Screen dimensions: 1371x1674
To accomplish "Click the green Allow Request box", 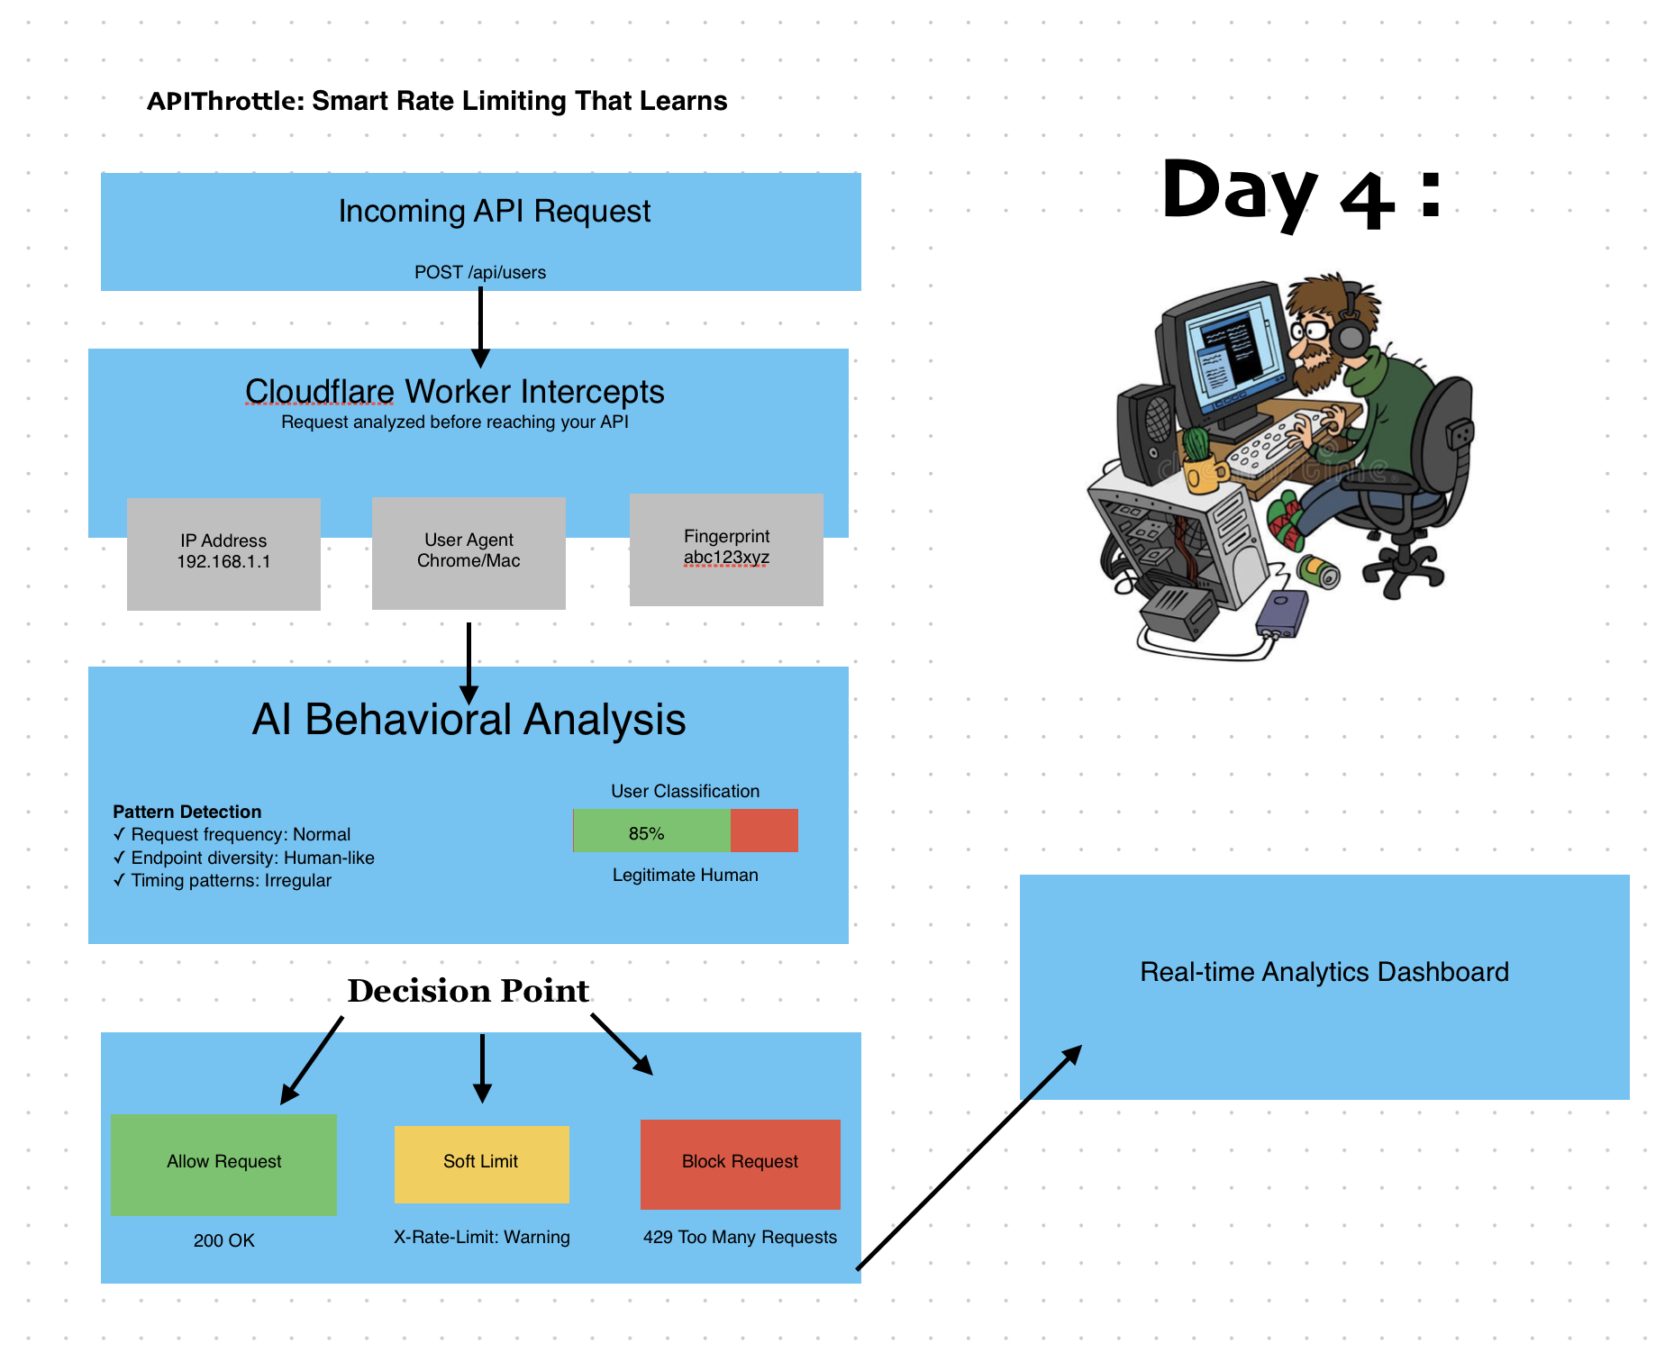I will pos(223,1164).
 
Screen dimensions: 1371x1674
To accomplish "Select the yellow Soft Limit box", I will pos(481,1163).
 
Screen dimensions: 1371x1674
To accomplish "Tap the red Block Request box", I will pos(740,1164).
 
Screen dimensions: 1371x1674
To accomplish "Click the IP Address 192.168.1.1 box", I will pos(223,553).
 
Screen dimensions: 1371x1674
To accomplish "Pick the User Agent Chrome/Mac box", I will pos(469,552).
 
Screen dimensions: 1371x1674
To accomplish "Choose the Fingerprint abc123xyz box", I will pos(726,549).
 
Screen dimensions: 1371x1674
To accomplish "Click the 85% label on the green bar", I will pos(646,833).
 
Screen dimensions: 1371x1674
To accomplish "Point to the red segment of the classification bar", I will pos(764,831).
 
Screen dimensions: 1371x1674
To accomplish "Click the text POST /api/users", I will pos(479,272).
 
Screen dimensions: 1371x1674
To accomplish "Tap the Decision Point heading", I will pos(468,991).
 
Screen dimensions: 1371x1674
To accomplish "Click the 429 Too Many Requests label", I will pos(740,1237).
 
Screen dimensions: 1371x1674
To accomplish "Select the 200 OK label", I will pos(223,1240).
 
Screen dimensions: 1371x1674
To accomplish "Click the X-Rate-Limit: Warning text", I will pos(481,1237).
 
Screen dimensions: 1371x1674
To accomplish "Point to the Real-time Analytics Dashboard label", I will pos(1324,972).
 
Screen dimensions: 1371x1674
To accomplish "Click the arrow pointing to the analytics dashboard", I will pos(969,1158).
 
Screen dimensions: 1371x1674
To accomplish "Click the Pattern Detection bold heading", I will pos(187,812).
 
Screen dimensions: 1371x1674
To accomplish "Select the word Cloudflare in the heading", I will pos(319,392).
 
